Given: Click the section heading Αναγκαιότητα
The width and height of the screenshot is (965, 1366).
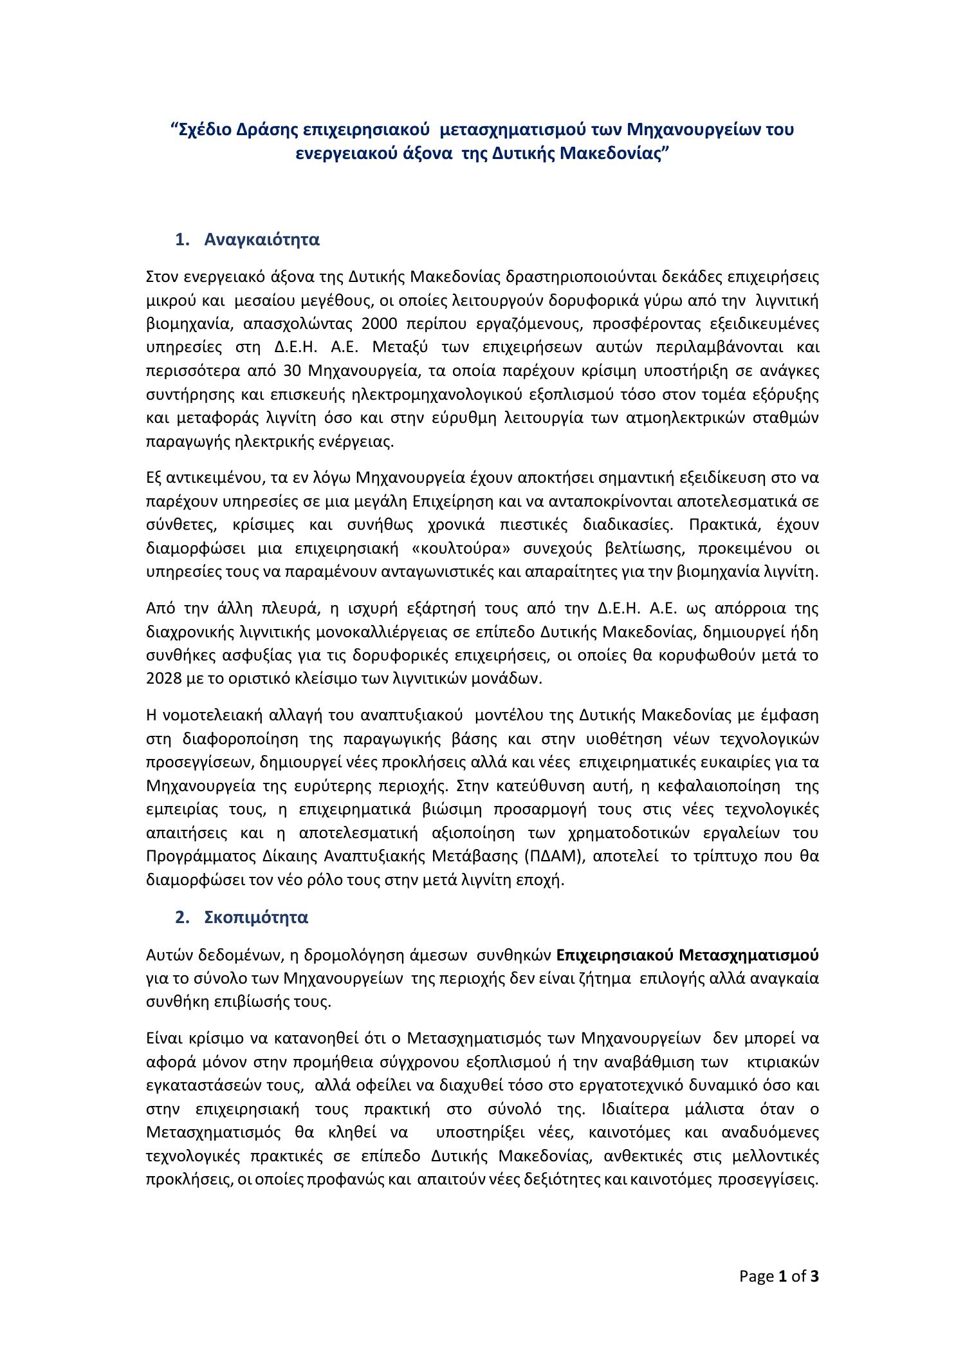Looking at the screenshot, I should tap(262, 239).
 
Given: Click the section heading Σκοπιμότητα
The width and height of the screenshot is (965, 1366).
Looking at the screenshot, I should tap(256, 917).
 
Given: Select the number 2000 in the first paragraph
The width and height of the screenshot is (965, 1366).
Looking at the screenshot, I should tap(380, 324).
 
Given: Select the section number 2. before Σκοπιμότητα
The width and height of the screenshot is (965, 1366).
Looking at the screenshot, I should tap(182, 917).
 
